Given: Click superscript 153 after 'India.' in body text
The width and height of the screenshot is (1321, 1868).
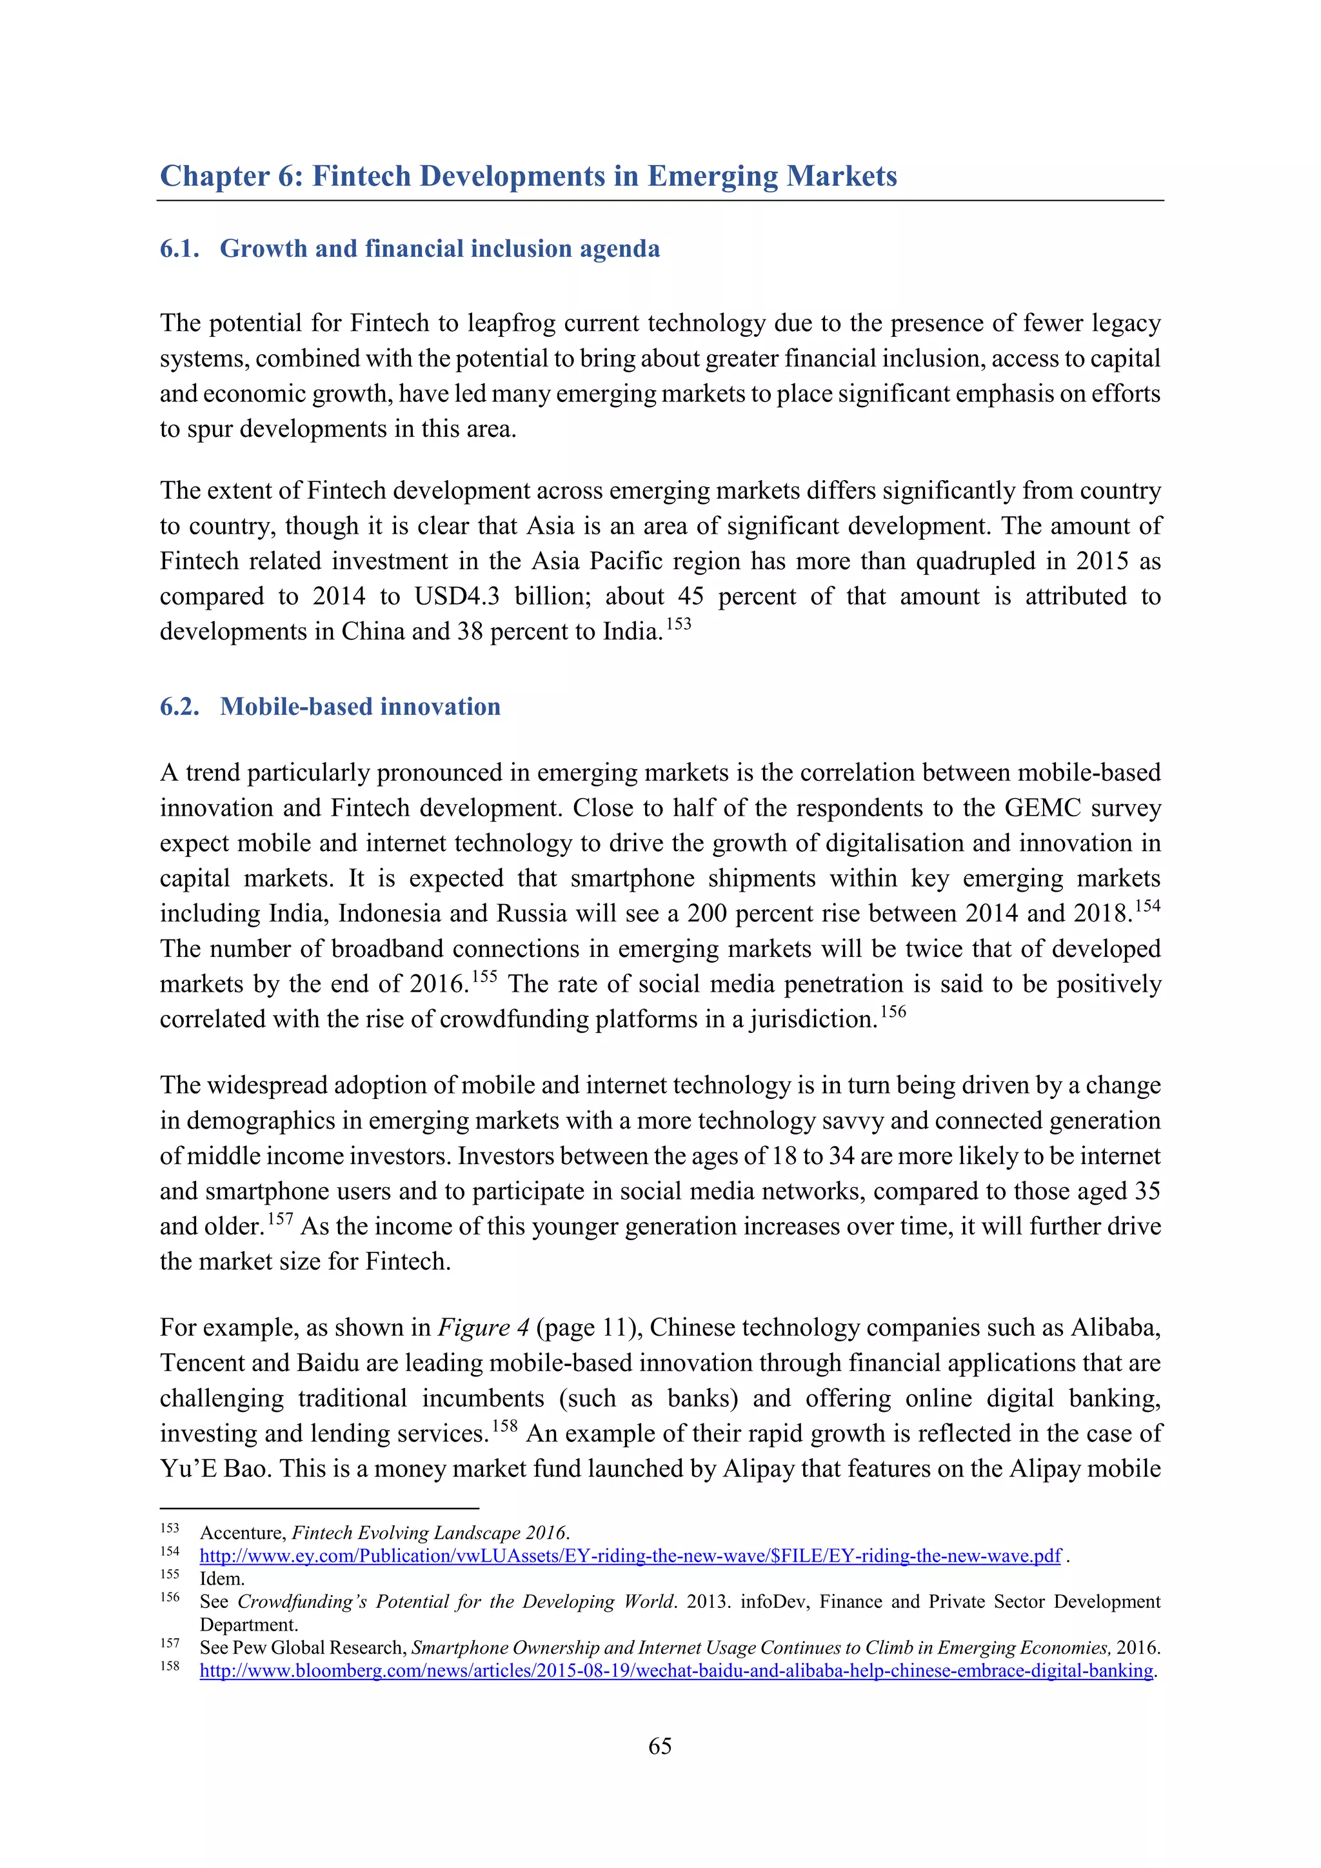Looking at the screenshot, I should coord(679,624).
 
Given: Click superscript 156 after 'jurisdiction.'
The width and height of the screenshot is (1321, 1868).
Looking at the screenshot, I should coord(893,1011).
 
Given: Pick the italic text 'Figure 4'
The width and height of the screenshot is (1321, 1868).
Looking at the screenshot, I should coord(483,1328).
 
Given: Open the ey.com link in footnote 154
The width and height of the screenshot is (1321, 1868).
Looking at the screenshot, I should coord(630,1556).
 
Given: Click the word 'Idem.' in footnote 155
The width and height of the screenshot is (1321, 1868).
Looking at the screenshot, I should coord(222,1578).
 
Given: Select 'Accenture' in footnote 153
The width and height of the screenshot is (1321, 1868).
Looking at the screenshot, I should coord(242,1533).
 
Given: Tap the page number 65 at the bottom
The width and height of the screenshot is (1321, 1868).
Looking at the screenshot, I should coord(660,1746).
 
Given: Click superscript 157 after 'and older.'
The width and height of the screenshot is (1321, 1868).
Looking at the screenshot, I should coord(280,1219).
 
